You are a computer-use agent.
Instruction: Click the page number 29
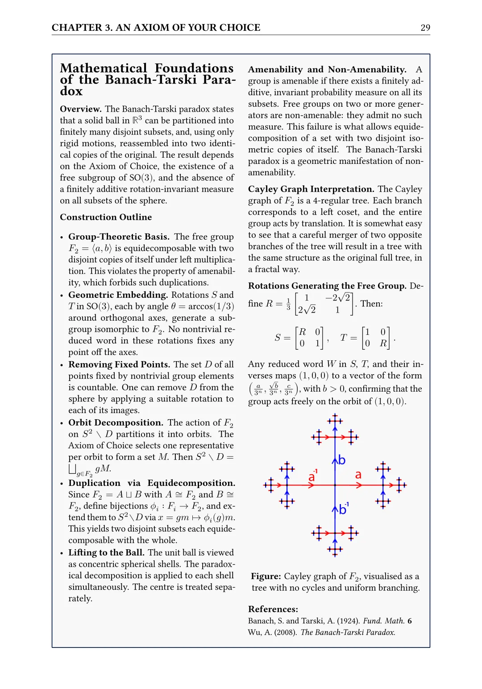click(425, 28)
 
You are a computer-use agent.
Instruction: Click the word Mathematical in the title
click(104, 68)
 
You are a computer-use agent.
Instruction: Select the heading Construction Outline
click(106, 217)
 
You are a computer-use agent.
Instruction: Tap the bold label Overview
click(81, 109)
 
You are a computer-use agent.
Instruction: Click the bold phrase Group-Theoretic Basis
click(119, 237)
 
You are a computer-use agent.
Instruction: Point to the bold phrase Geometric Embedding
click(118, 295)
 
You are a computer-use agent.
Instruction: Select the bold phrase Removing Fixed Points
click(119, 364)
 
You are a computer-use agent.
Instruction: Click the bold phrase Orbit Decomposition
click(116, 422)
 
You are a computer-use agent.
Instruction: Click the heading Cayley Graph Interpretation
click(311, 189)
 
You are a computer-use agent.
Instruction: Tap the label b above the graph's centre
click(342, 460)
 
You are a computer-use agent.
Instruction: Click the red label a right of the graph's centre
click(358, 475)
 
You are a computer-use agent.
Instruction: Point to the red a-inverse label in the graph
click(312, 476)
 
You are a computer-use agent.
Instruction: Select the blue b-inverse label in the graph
click(343, 509)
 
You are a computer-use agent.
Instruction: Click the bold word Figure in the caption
click(266, 576)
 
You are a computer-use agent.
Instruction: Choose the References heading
click(273, 609)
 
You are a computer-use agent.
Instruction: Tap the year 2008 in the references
click(285, 632)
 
